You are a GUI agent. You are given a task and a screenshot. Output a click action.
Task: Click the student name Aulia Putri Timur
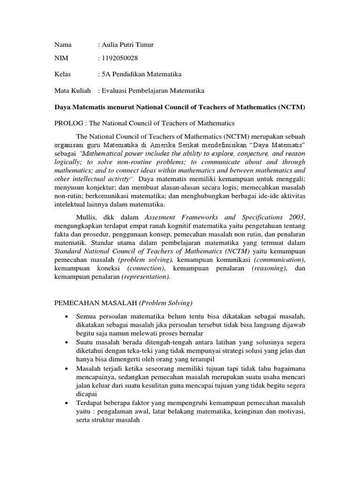coord(126,45)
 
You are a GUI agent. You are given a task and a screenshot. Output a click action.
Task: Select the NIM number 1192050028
coord(120,58)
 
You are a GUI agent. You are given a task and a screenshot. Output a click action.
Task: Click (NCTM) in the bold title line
coord(291,107)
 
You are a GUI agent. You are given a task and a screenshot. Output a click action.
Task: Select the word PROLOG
coord(68,123)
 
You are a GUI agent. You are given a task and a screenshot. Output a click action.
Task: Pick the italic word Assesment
coord(163,217)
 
